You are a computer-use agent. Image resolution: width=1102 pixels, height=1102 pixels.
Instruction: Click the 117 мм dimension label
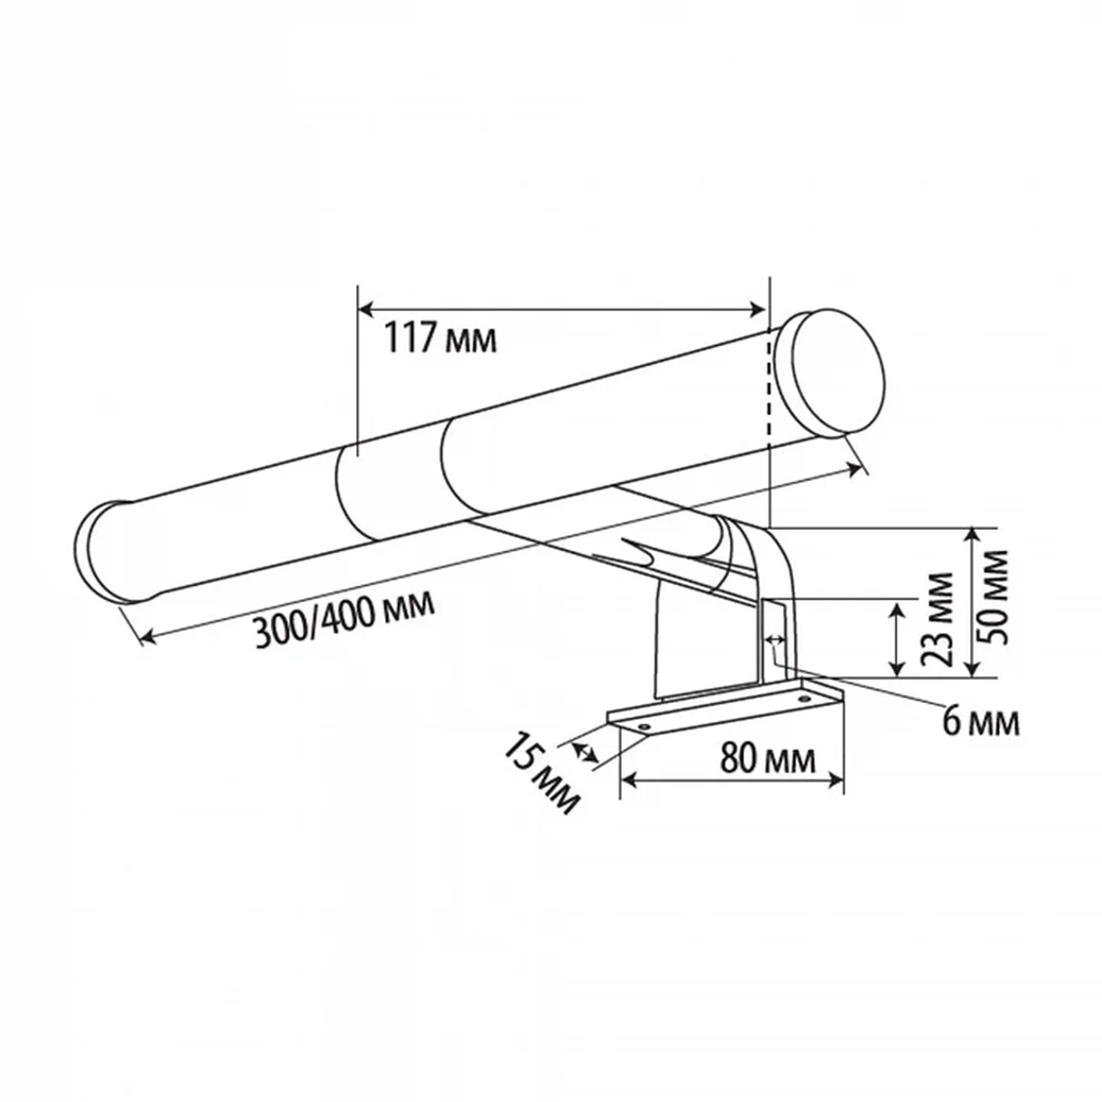440,338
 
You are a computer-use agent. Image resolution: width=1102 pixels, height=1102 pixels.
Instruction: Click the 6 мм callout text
981,721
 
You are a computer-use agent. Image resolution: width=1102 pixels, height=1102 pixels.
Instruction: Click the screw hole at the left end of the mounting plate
644,727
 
